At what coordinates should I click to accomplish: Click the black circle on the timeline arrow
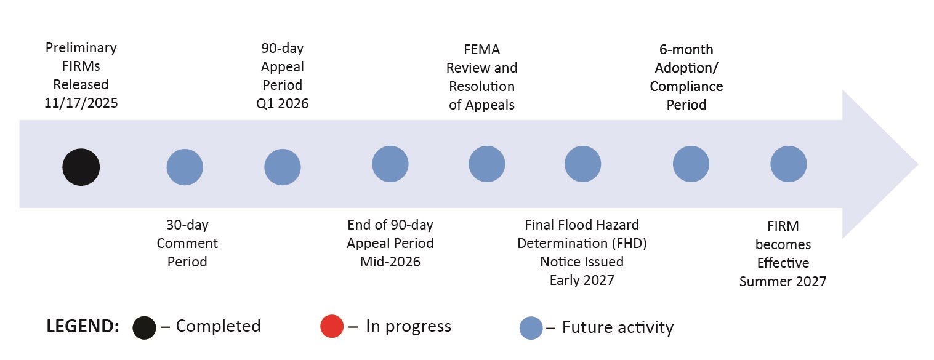coord(81,167)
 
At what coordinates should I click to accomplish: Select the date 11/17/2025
coord(81,103)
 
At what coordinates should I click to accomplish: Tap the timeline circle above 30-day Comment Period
coord(185,167)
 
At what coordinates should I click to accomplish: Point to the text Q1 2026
coord(283,103)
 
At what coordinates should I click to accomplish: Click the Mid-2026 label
coord(390,262)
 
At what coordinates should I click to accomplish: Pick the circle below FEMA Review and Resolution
coord(487,164)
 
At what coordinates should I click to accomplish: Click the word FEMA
coord(482,49)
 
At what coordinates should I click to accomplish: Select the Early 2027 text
coord(582,280)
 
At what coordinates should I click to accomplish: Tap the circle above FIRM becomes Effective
coord(788,164)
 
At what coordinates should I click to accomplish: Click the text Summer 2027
coord(783,281)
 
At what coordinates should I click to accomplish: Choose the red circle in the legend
coord(332,327)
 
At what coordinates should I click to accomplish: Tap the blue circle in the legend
coord(531,328)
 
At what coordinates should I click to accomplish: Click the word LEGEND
coord(83,327)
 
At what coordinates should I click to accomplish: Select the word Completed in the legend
coord(218,326)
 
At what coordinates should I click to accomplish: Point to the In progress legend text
coord(408,326)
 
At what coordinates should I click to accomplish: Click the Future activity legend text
coord(618,327)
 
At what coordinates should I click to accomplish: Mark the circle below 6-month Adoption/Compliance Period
coord(691,164)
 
